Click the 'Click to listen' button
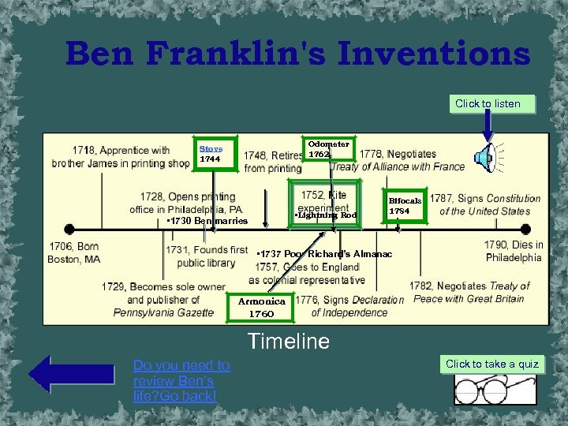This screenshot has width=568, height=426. coord(488,103)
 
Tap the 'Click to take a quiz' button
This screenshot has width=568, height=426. coord(492,364)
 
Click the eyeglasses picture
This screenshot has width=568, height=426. coord(492,389)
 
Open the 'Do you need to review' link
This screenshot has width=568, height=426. coord(181,380)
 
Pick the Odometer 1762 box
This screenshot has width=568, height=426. coord(329,149)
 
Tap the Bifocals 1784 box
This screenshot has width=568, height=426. coord(405,206)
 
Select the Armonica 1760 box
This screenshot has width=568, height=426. coord(262,307)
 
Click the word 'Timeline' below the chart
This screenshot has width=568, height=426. coord(288,342)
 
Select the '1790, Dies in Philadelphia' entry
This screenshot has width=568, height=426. coord(514,251)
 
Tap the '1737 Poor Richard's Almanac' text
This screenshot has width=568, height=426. coord(324,254)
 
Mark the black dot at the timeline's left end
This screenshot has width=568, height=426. coord(69,230)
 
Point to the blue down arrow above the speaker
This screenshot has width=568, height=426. coord(488,126)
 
